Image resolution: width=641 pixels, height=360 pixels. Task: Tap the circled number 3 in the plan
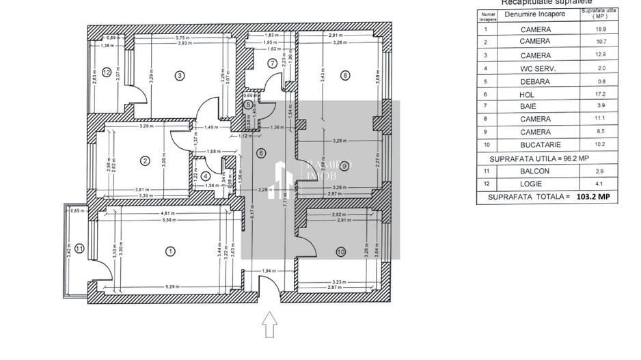pos(180,75)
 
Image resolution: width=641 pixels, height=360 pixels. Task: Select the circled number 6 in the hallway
pos(260,153)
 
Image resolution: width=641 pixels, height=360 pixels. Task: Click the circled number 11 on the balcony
pos(79,249)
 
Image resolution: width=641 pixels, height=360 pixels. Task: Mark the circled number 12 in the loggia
pos(107,71)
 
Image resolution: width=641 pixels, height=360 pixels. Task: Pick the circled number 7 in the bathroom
pos(273,64)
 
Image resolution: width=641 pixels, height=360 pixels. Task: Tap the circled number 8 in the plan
pos(345,75)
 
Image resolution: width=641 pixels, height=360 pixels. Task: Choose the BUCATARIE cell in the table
pos(539,145)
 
